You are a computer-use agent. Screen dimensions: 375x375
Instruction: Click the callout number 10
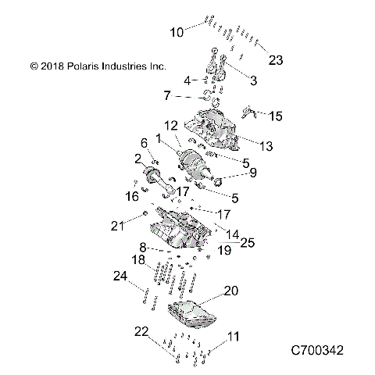[177, 32]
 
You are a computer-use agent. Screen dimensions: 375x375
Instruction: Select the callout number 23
[275, 59]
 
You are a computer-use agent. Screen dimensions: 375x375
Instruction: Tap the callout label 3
[252, 80]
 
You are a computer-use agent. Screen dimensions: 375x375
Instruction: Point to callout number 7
[166, 96]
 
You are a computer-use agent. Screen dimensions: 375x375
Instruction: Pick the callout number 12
[170, 125]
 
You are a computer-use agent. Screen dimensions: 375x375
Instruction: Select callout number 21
[117, 227]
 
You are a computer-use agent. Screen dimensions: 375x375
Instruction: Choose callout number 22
[141, 332]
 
